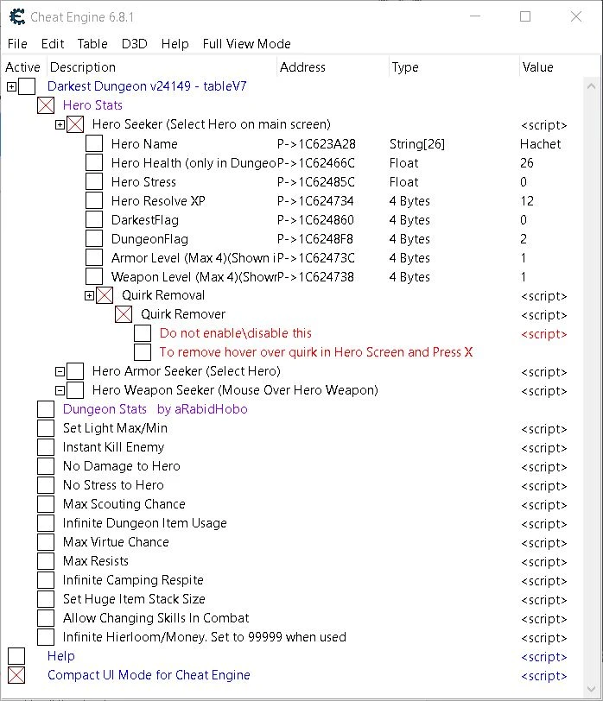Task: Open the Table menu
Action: coord(92,44)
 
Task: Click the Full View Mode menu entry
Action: coord(246,44)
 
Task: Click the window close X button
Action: coord(576,16)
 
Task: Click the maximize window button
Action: coord(525,16)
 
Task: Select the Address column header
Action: coord(302,67)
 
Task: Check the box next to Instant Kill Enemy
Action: coord(46,447)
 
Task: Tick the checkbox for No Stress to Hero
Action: coord(46,485)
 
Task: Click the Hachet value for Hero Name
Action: coord(540,144)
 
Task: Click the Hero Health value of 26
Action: coord(527,163)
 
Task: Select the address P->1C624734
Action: coord(315,201)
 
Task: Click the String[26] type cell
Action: coord(416,144)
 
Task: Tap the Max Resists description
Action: coord(96,561)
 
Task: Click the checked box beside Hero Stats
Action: coord(46,105)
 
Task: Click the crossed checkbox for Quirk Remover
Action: coord(124,314)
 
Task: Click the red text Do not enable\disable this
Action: coord(236,333)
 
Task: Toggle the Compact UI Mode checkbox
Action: coord(16,675)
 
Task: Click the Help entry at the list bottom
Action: coord(61,656)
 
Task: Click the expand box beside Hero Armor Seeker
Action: coord(60,371)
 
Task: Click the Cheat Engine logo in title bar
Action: coord(16,16)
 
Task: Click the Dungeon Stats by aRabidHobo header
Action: coord(155,409)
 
